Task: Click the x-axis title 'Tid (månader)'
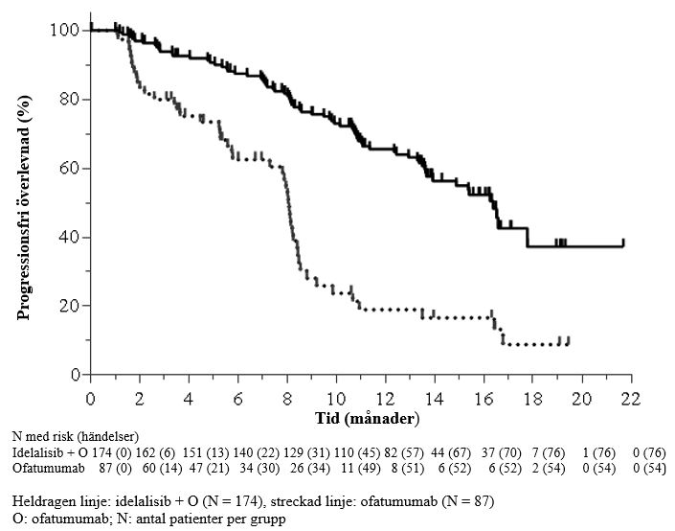pos(368,419)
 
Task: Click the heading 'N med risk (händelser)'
pos(76,436)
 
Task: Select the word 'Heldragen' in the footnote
pos(43,501)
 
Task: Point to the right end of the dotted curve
pos(569,340)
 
